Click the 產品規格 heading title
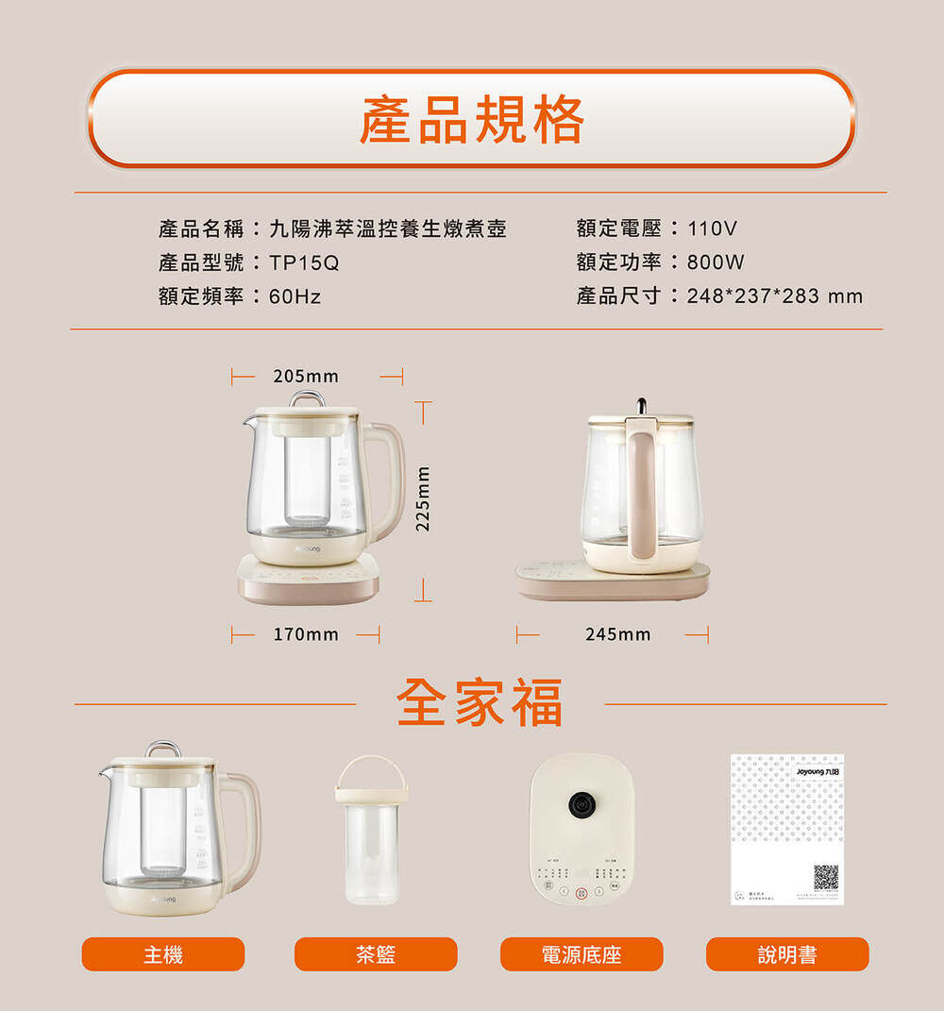[471, 119]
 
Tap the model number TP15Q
[304, 262]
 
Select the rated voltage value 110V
[712, 228]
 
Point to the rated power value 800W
[716, 262]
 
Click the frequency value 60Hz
[295, 296]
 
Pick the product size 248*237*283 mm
[774, 296]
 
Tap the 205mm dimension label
[305, 377]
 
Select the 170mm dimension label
[305, 634]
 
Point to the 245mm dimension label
[617, 634]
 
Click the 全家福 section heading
[480, 703]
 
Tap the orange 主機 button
[163, 954]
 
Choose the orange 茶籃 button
[376, 954]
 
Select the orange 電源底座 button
[582, 954]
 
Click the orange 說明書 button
[787, 954]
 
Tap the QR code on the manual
[826, 877]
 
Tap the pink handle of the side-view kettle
[642, 491]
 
